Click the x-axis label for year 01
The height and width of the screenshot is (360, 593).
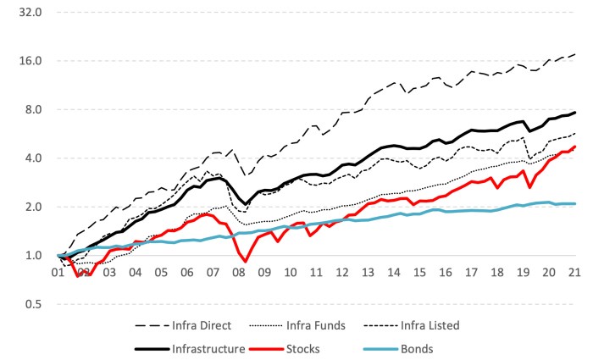tap(58, 274)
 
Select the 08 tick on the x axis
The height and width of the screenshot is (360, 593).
tap(239, 274)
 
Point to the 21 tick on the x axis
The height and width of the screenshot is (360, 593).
tap(575, 274)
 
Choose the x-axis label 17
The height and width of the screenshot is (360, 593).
tap(472, 274)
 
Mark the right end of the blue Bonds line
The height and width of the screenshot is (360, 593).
tap(576, 203)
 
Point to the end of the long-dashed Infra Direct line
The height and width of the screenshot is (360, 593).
tap(576, 54)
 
